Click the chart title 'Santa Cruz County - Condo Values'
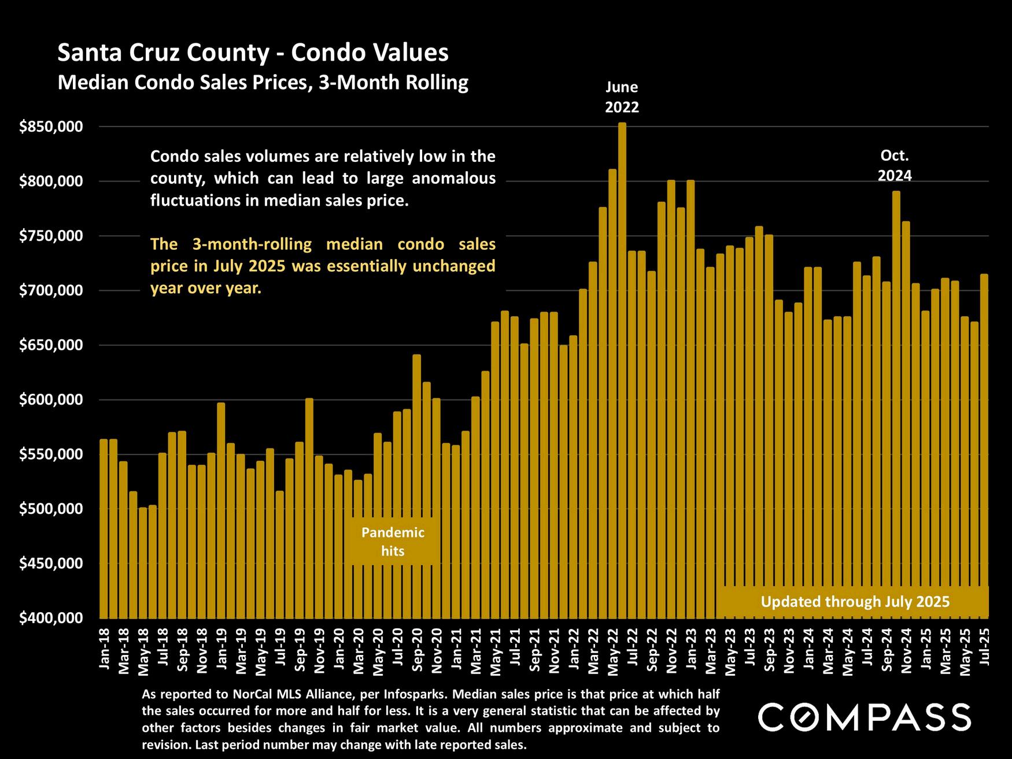[x=253, y=53]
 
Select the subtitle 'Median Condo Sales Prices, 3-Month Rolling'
[x=263, y=83]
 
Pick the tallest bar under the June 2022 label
[x=622, y=370]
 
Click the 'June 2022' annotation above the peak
[x=622, y=97]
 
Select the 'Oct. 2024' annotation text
[x=895, y=165]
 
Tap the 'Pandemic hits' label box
[x=393, y=542]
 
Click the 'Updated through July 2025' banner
[x=855, y=602]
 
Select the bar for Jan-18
[x=104, y=528]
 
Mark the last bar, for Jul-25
[x=984, y=446]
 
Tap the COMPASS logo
[x=865, y=717]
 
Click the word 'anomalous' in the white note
[x=453, y=179]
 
